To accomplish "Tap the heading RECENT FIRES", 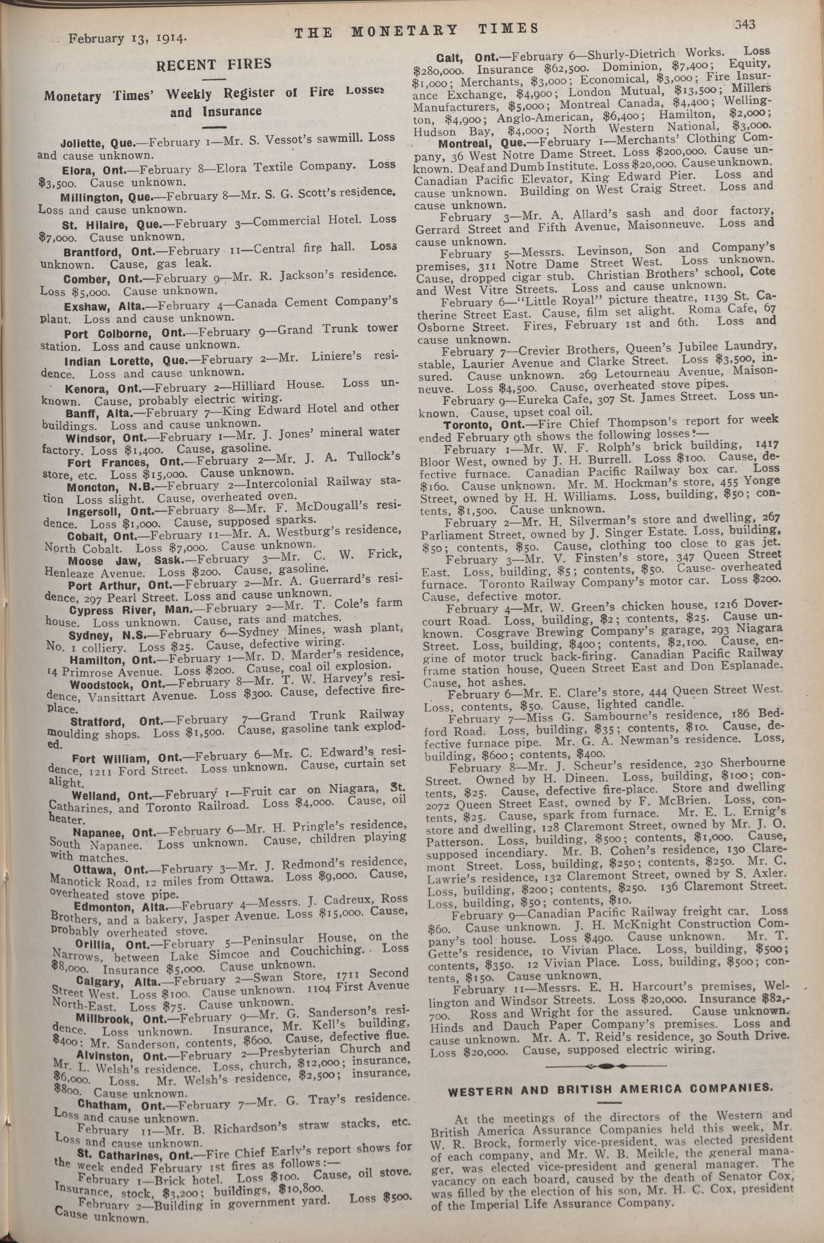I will [213, 65].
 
